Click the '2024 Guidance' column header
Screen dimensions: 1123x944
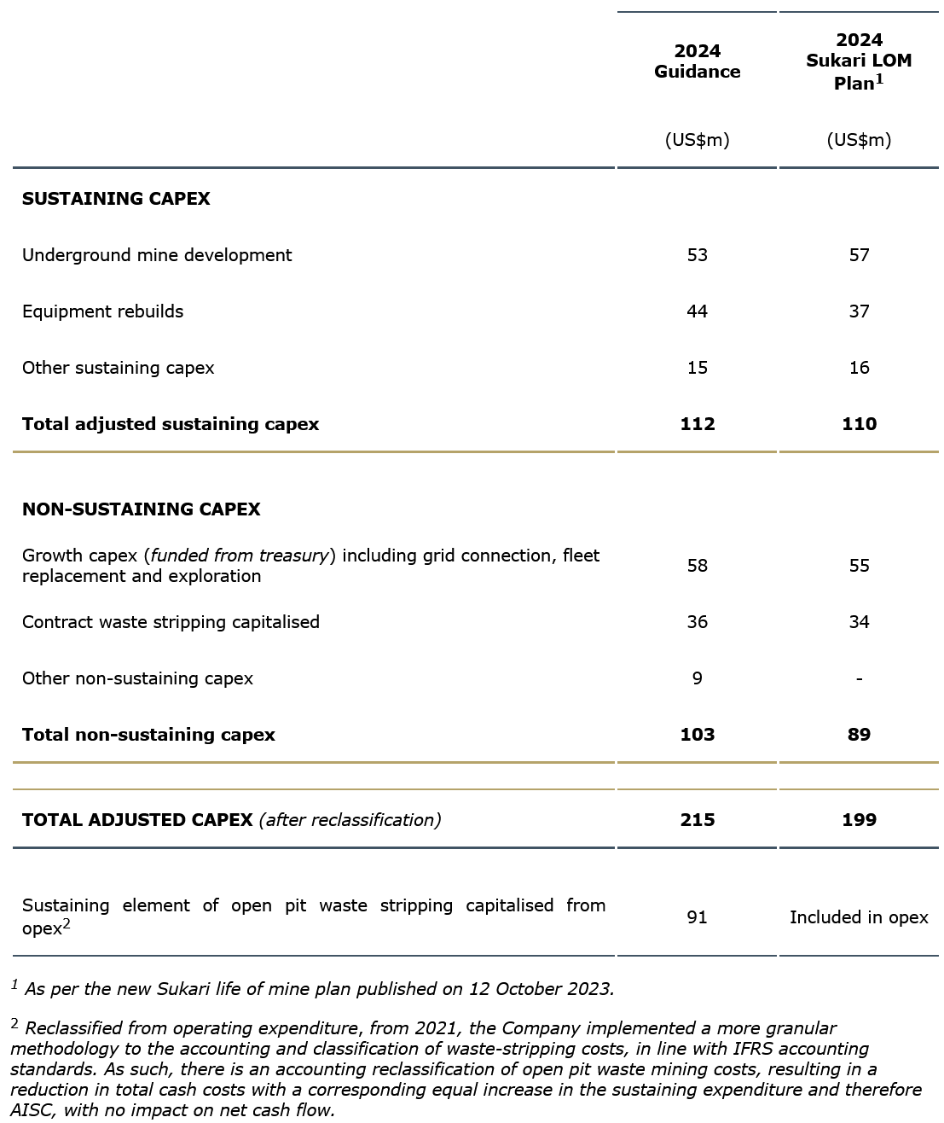(697, 61)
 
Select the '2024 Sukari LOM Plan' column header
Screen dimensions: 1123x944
(859, 61)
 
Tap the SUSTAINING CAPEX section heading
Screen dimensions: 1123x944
(116, 199)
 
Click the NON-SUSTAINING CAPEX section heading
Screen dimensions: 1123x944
(141, 509)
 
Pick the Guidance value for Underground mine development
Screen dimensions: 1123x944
(697, 255)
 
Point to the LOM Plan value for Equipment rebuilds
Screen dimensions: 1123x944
(859, 311)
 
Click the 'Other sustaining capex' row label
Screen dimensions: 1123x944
(118, 368)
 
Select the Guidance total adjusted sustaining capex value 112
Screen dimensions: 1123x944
(697, 424)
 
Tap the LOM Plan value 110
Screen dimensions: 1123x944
(859, 424)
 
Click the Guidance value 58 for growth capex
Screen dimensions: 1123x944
(697, 566)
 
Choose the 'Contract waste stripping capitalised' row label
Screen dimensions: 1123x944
(171, 622)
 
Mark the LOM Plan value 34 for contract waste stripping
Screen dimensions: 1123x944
(859, 622)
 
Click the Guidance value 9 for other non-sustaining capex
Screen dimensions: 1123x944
(697, 678)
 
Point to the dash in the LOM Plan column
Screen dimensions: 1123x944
(859, 678)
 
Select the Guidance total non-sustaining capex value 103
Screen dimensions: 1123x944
(697, 735)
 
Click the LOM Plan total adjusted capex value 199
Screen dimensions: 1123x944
(859, 820)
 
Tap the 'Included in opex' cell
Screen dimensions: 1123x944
(859, 917)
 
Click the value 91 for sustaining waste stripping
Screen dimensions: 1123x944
(697, 917)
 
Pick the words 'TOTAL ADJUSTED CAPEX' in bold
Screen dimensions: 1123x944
(137, 820)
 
